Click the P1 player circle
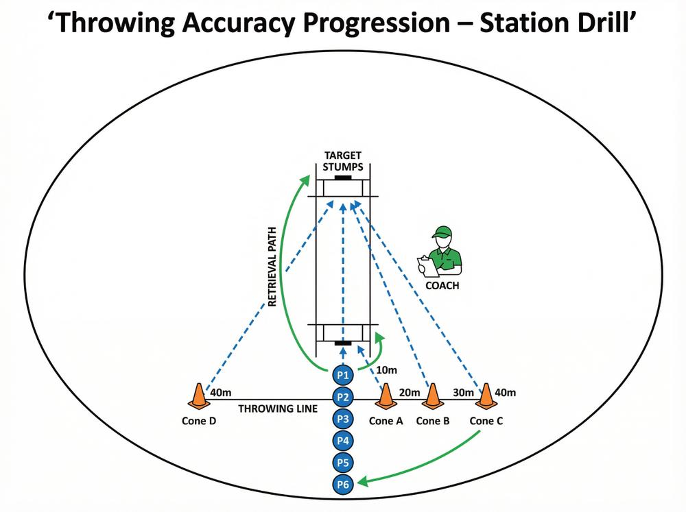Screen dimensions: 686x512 point(343,375)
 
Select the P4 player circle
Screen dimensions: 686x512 point(343,441)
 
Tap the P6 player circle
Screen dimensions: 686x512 point(343,485)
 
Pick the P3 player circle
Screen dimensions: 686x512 point(343,419)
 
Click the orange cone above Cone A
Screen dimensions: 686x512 point(386,397)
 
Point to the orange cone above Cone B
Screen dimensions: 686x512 point(433,397)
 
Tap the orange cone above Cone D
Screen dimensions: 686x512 point(199,397)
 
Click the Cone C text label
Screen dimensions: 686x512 point(486,421)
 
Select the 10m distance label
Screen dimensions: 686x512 point(387,370)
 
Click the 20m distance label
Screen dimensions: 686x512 point(410,393)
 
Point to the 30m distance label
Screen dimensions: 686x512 point(463,393)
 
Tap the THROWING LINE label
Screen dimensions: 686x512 point(278,409)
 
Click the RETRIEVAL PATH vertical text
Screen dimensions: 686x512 point(272,266)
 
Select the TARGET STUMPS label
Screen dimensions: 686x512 point(343,161)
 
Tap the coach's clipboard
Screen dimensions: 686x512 point(428,266)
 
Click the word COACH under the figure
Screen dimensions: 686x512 point(442,286)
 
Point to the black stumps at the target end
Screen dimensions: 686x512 point(343,178)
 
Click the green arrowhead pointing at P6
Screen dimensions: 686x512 point(364,482)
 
